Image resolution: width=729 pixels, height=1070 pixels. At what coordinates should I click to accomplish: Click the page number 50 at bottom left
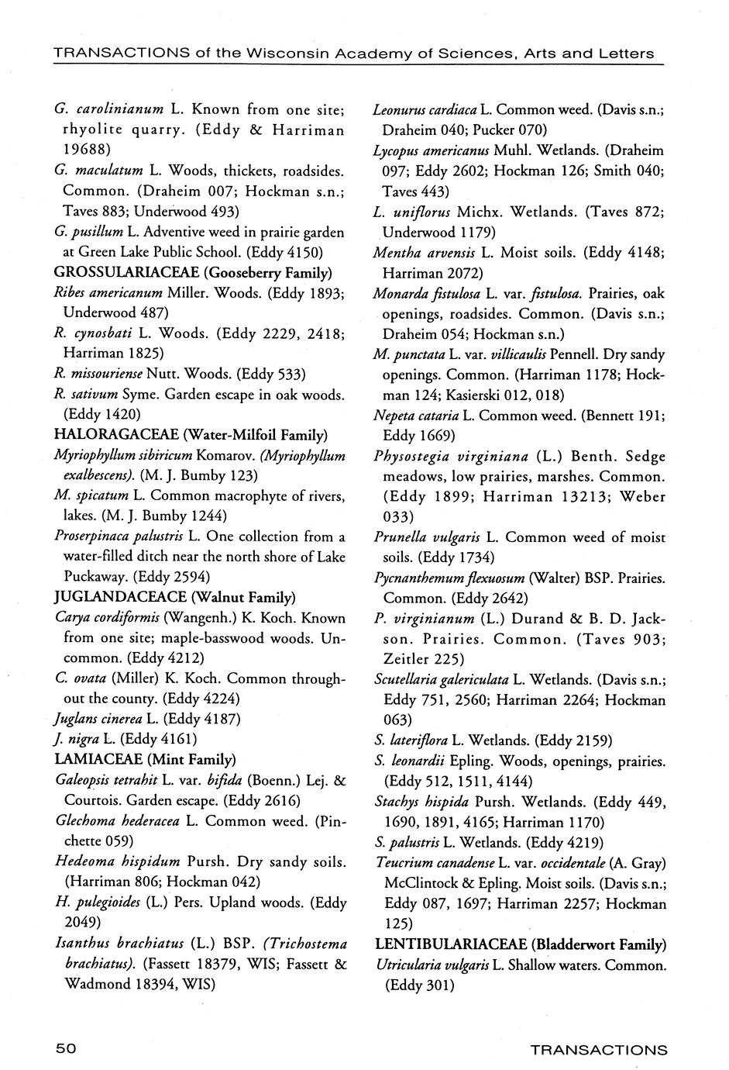click(64, 1048)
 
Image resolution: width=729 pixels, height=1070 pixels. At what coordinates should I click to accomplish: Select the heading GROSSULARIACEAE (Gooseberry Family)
click(193, 272)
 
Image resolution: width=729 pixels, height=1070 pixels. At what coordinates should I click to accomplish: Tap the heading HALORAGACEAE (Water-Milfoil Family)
click(191, 434)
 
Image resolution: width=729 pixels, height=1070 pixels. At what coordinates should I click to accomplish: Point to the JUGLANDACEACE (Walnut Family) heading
click(174, 597)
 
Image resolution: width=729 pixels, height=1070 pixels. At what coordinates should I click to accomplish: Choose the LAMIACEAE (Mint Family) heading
click(145, 759)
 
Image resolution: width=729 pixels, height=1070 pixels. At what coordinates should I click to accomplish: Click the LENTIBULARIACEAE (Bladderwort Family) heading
click(521, 944)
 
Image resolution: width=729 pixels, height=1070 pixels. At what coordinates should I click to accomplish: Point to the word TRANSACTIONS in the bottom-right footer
click(598, 1050)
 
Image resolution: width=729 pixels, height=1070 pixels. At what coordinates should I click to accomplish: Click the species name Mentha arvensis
click(424, 252)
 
